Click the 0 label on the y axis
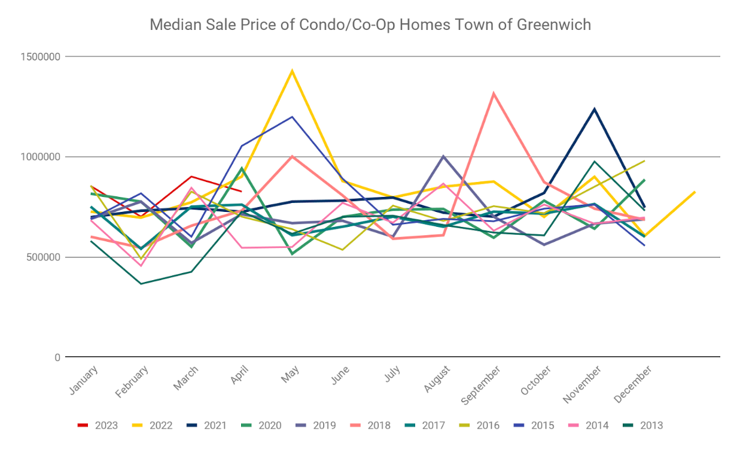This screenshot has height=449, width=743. click(x=57, y=357)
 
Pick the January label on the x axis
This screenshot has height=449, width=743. click(x=83, y=380)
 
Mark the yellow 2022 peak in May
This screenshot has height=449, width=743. click(x=292, y=71)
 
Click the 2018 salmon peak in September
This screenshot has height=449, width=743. click(x=494, y=93)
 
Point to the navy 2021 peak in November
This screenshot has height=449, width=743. click(x=594, y=108)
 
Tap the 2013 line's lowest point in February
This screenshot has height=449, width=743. click(x=141, y=284)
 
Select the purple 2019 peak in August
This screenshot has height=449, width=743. click(x=443, y=156)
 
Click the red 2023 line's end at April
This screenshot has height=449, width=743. click(x=241, y=192)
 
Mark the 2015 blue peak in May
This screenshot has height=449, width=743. click(x=292, y=117)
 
